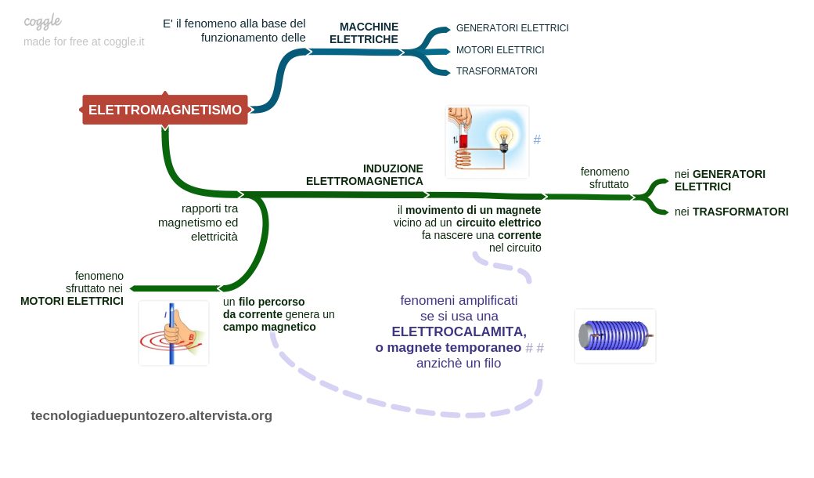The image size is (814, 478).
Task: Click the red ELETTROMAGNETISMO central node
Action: [165, 110]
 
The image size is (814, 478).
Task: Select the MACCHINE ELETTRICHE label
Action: [365, 33]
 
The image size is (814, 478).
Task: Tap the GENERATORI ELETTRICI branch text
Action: [512, 28]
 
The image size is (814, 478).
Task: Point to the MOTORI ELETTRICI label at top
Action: [499, 50]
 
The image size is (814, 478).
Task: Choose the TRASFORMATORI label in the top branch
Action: [496, 71]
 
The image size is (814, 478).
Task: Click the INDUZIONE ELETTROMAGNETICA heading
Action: [365, 175]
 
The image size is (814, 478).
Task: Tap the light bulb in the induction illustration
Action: [503, 136]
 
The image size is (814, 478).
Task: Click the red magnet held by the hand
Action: [463, 140]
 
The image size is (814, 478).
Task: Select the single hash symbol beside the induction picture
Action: [537, 140]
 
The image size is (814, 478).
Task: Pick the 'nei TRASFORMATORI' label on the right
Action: [731, 212]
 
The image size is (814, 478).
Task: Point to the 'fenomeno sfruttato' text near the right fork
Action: [605, 178]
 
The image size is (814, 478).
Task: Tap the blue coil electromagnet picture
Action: [615, 336]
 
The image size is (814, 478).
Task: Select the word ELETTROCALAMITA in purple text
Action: [459, 331]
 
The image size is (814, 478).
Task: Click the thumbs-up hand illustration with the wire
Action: [174, 333]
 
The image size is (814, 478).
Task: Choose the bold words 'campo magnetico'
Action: [269, 327]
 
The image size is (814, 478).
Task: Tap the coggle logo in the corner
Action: [42, 21]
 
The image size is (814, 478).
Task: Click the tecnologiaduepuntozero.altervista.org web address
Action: [152, 415]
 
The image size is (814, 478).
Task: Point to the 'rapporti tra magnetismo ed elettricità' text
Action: [198, 222]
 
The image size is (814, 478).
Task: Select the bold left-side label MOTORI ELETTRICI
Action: [72, 301]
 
